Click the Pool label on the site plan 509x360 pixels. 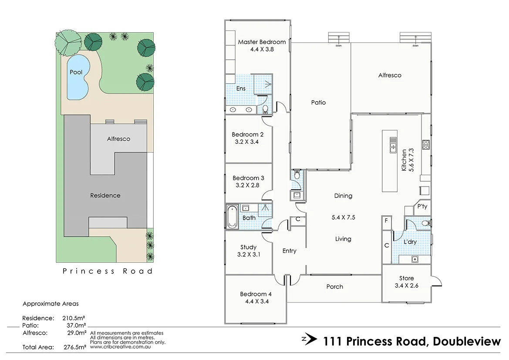tap(76, 72)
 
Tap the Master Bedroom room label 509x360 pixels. tap(262, 42)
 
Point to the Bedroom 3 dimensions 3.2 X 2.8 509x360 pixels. tap(248, 185)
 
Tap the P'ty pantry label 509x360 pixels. tap(422, 207)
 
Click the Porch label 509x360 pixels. tap(334, 286)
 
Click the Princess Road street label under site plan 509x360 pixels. tap(108, 271)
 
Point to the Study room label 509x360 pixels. tap(248, 247)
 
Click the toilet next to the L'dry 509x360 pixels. tap(426, 223)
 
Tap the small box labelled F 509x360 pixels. tap(386, 221)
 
